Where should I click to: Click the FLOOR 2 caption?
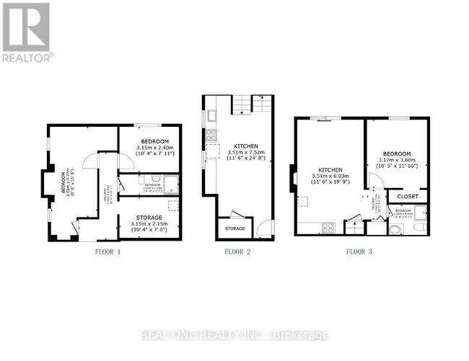point(237,252)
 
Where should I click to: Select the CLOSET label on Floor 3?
point(407,195)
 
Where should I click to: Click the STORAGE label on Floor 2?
point(234,228)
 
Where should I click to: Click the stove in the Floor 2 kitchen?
point(210,134)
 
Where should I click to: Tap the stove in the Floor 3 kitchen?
point(327,228)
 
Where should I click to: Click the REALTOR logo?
point(27,32)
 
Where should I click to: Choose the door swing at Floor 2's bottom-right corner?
point(266,226)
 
